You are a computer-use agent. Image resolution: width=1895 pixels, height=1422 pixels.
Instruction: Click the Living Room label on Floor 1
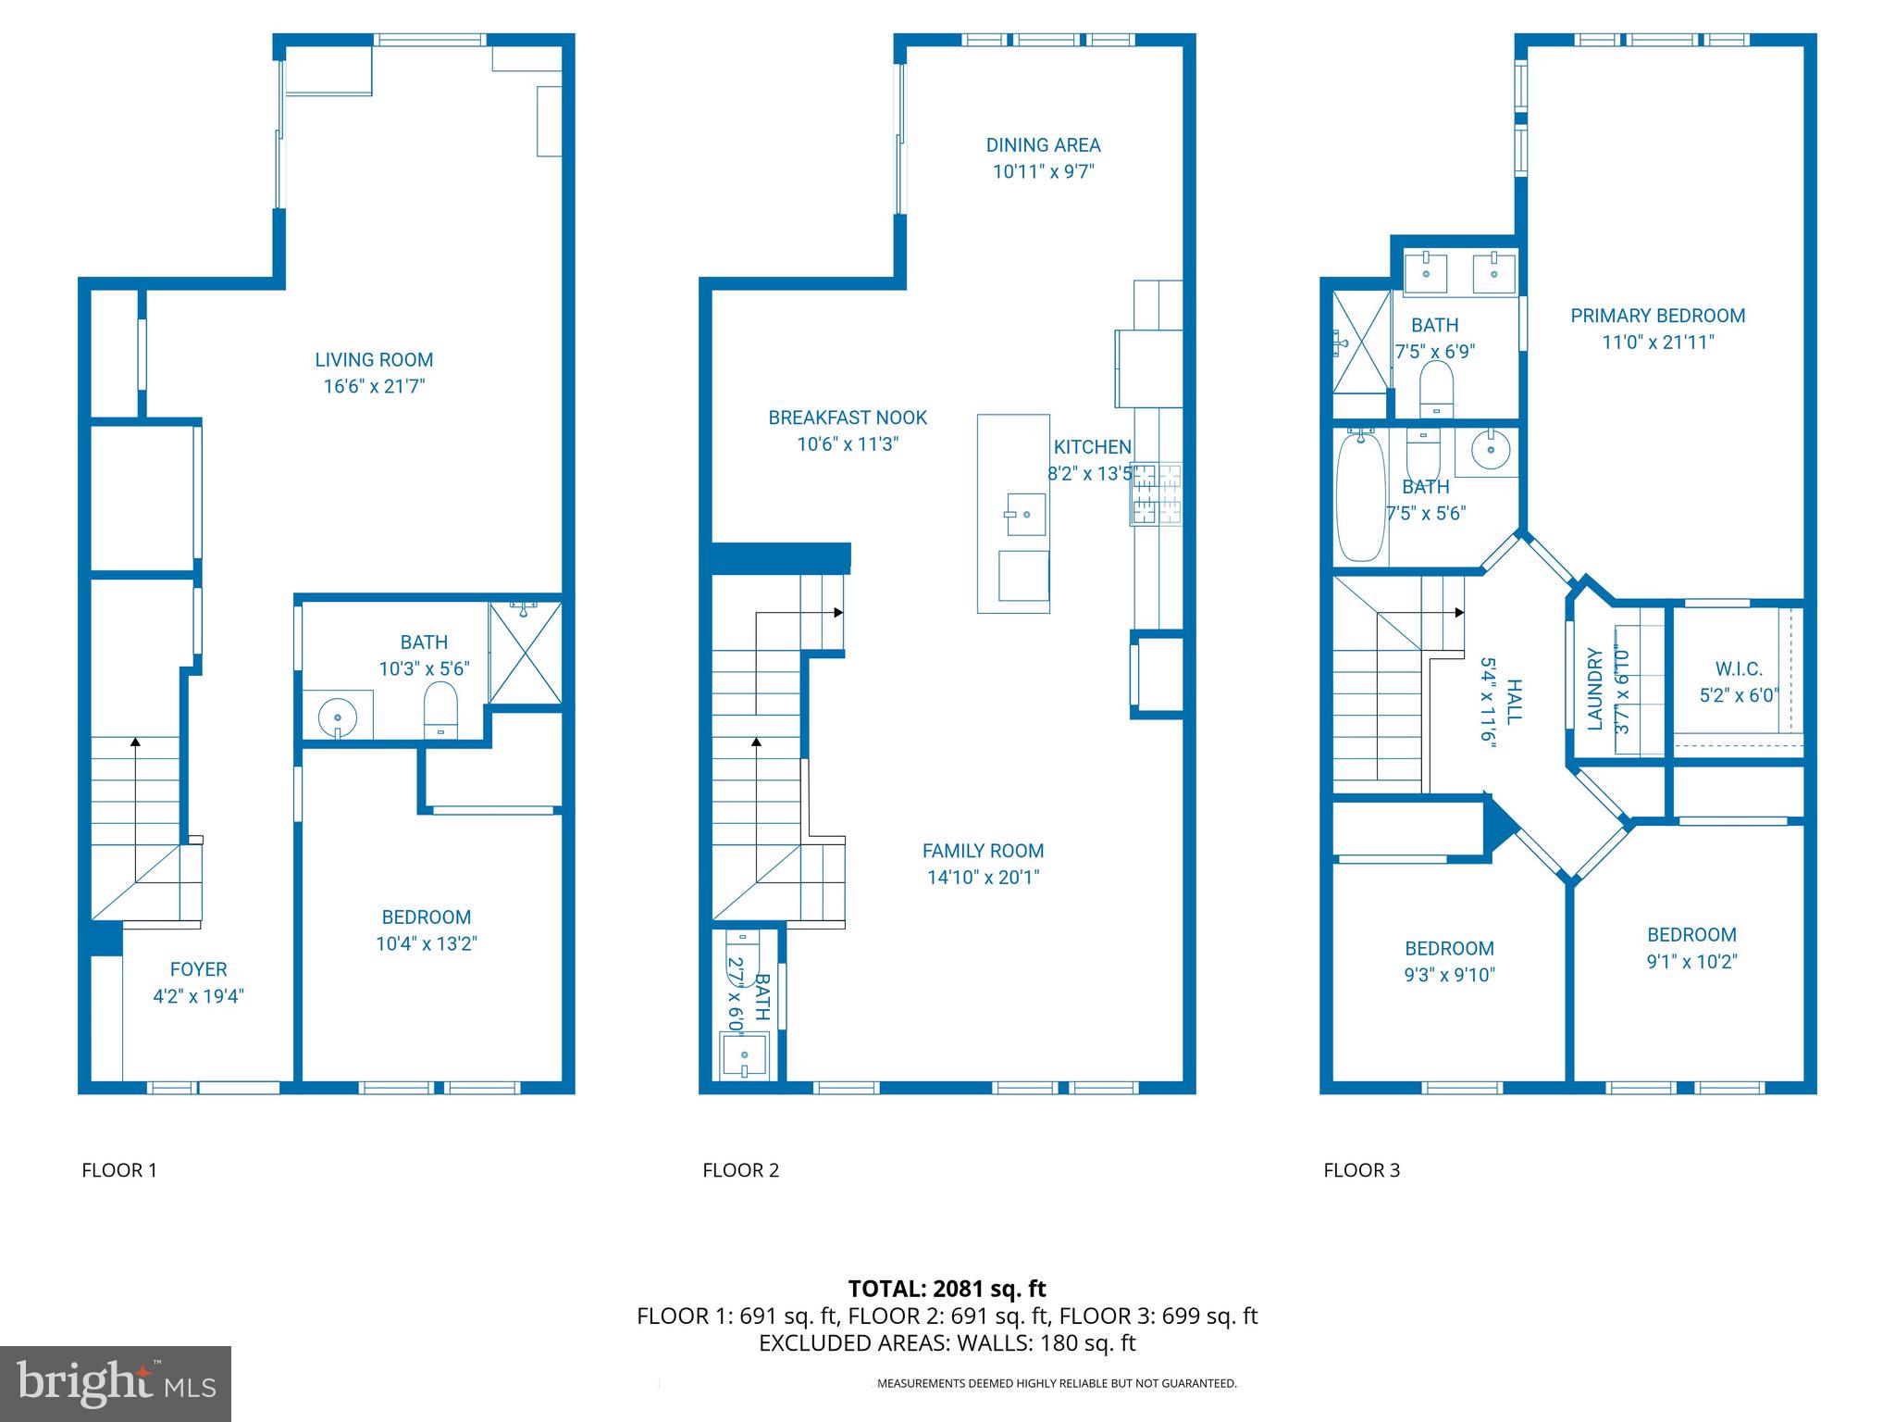tap(374, 360)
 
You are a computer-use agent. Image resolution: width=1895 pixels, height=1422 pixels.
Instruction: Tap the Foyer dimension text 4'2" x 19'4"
tap(198, 996)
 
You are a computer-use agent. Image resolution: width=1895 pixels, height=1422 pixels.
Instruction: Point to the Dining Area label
tap(1043, 145)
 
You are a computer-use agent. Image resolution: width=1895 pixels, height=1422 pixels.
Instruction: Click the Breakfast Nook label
tap(848, 418)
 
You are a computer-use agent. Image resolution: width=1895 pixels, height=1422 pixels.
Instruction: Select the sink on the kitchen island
tap(1025, 514)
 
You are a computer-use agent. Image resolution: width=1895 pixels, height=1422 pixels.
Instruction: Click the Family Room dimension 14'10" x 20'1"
tap(983, 877)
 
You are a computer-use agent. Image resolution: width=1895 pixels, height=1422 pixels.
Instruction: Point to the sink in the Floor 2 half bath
tap(746, 1055)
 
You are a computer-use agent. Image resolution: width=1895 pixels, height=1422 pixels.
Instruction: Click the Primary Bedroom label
tap(1657, 316)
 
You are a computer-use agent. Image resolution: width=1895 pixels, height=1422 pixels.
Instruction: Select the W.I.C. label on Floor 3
tap(1739, 668)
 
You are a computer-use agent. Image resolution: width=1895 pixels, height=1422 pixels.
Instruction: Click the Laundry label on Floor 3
tap(1595, 689)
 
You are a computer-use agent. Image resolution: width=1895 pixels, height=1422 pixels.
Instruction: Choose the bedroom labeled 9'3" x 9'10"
tap(1449, 961)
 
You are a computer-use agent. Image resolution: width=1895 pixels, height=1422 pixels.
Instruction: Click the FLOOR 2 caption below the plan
tap(740, 1170)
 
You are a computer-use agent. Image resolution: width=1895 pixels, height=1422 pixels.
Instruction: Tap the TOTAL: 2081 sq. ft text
tap(947, 1289)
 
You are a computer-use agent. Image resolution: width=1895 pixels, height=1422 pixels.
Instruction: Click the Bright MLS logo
tap(116, 1383)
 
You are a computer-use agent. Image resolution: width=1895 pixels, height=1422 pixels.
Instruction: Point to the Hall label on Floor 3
tap(1514, 701)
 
